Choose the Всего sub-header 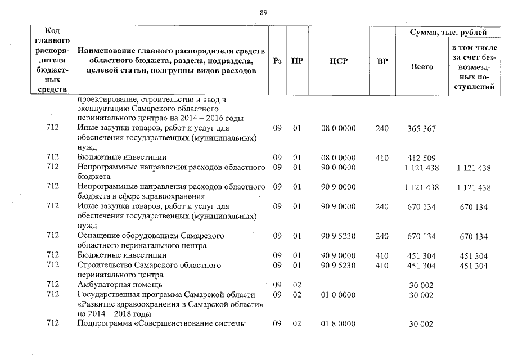coord(422,67)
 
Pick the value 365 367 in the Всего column coord(421,129)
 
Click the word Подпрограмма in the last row coord(106,323)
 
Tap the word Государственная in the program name coord(110,295)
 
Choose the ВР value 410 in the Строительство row coord(382,265)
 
